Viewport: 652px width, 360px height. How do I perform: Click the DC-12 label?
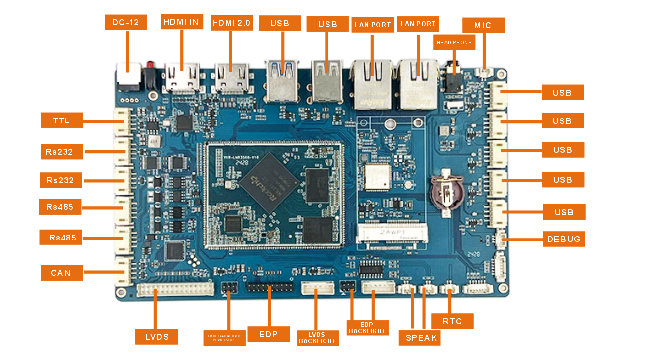pos(126,23)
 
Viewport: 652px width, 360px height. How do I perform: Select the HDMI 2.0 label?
pos(231,23)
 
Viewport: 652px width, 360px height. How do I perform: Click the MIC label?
pos(483,25)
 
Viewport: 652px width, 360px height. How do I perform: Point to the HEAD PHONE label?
pos(454,43)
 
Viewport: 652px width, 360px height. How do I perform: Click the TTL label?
pos(61,120)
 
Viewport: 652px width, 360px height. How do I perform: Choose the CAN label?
pos(61,272)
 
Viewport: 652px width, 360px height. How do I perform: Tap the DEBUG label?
pos(563,239)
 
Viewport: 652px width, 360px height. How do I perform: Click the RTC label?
pos(452,321)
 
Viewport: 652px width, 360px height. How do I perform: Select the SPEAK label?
pos(421,338)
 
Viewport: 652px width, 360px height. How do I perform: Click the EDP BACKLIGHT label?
pos(367,327)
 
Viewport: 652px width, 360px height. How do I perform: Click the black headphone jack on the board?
pos(453,77)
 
